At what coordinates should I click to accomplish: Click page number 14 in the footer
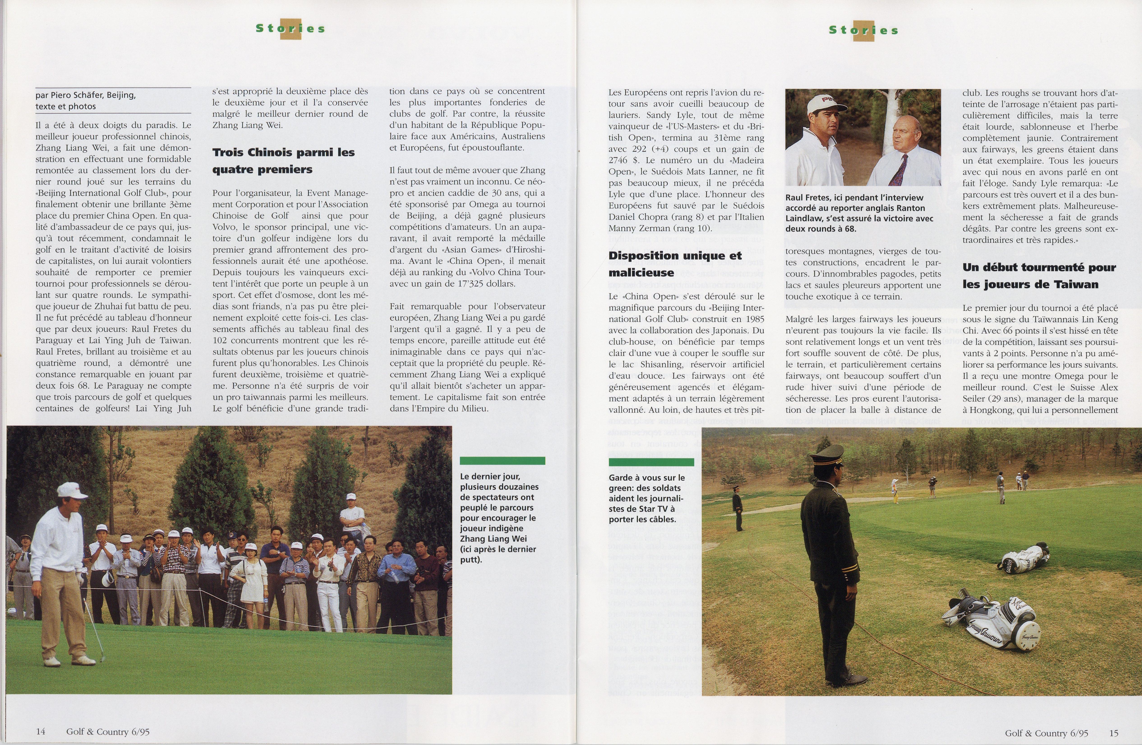(x=40, y=731)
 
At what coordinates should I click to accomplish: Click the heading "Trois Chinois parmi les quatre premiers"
(x=283, y=161)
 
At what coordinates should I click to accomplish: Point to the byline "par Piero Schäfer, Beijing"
(x=85, y=95)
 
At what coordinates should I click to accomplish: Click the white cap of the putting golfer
(x=71, y=490)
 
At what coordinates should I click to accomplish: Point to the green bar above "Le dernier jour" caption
(x=502, y=461)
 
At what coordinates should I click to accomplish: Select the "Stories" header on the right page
(x=864, y=30)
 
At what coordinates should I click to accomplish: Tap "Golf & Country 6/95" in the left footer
(x=108, y=731)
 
